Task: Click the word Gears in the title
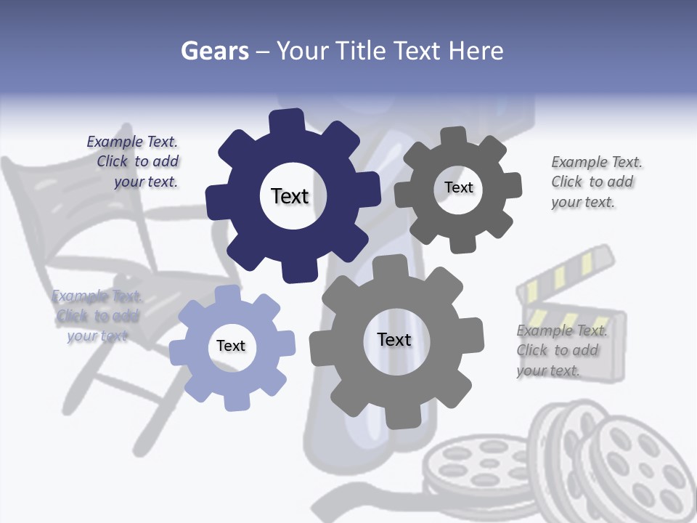tap(214, 51)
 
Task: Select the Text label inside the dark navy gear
tap(290, 196)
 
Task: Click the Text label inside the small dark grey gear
tap(458, 187)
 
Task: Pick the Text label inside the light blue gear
tap(231, 346)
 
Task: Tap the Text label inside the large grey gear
tap(394, 339)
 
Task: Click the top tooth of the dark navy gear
tap(288, 121)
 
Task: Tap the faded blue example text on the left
tap(96, 316)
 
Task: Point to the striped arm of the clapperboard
tap(567, 272)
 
